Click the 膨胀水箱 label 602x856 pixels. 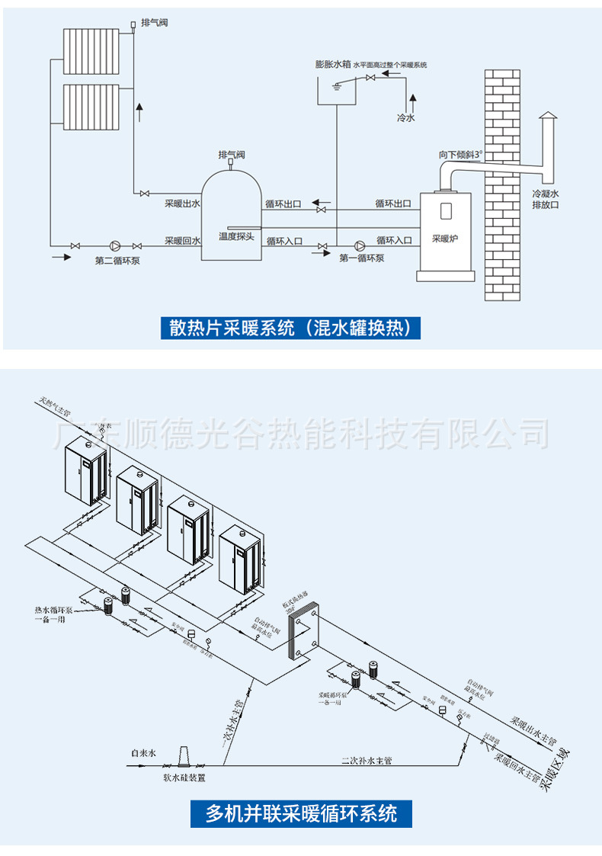333,65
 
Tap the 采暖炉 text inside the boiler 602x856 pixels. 445,238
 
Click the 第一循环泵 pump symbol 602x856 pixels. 359,245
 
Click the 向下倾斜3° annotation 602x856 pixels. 460,155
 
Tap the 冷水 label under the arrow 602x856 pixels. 406,118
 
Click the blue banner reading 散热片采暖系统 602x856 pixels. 290,329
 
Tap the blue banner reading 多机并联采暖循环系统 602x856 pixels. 302,813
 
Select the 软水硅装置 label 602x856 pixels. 184,778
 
